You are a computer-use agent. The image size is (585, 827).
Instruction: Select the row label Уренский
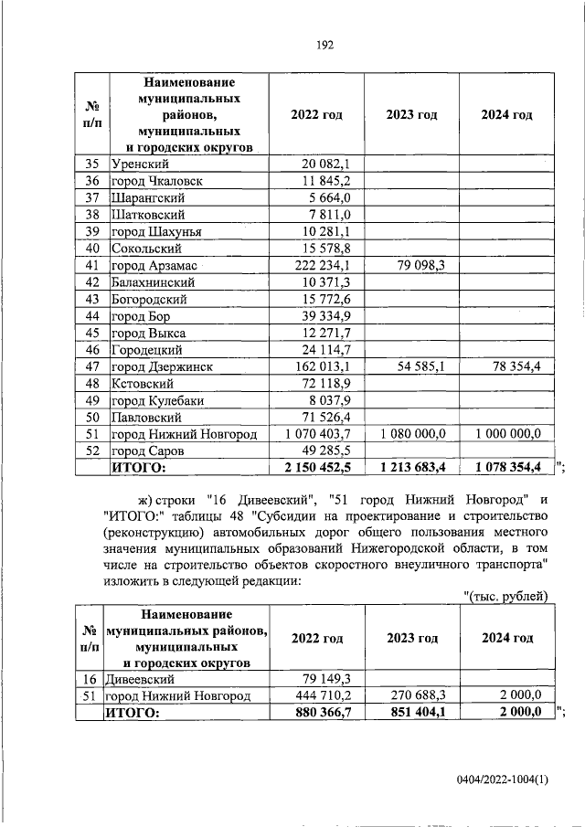click(x=138, y=164)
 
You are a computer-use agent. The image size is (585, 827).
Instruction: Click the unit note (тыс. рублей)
click(x=505, y=597)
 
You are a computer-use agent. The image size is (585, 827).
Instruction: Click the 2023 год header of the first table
click(x=411, y=115)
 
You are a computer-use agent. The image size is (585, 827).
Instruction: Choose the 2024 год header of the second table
click(x=507, y=638)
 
